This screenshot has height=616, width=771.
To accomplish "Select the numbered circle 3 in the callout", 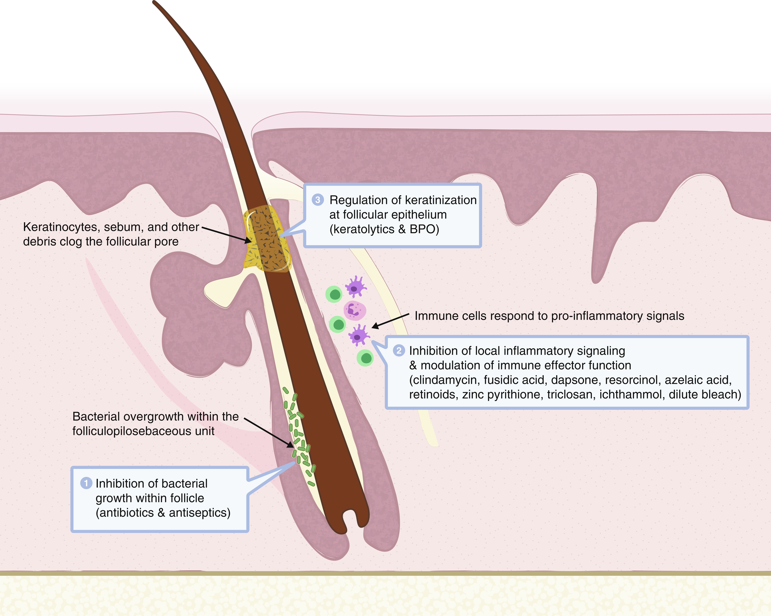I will (318, 200).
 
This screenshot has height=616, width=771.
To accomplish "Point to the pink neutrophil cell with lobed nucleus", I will (355, 310).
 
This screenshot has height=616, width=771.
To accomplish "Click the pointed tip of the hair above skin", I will (154, 3).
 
